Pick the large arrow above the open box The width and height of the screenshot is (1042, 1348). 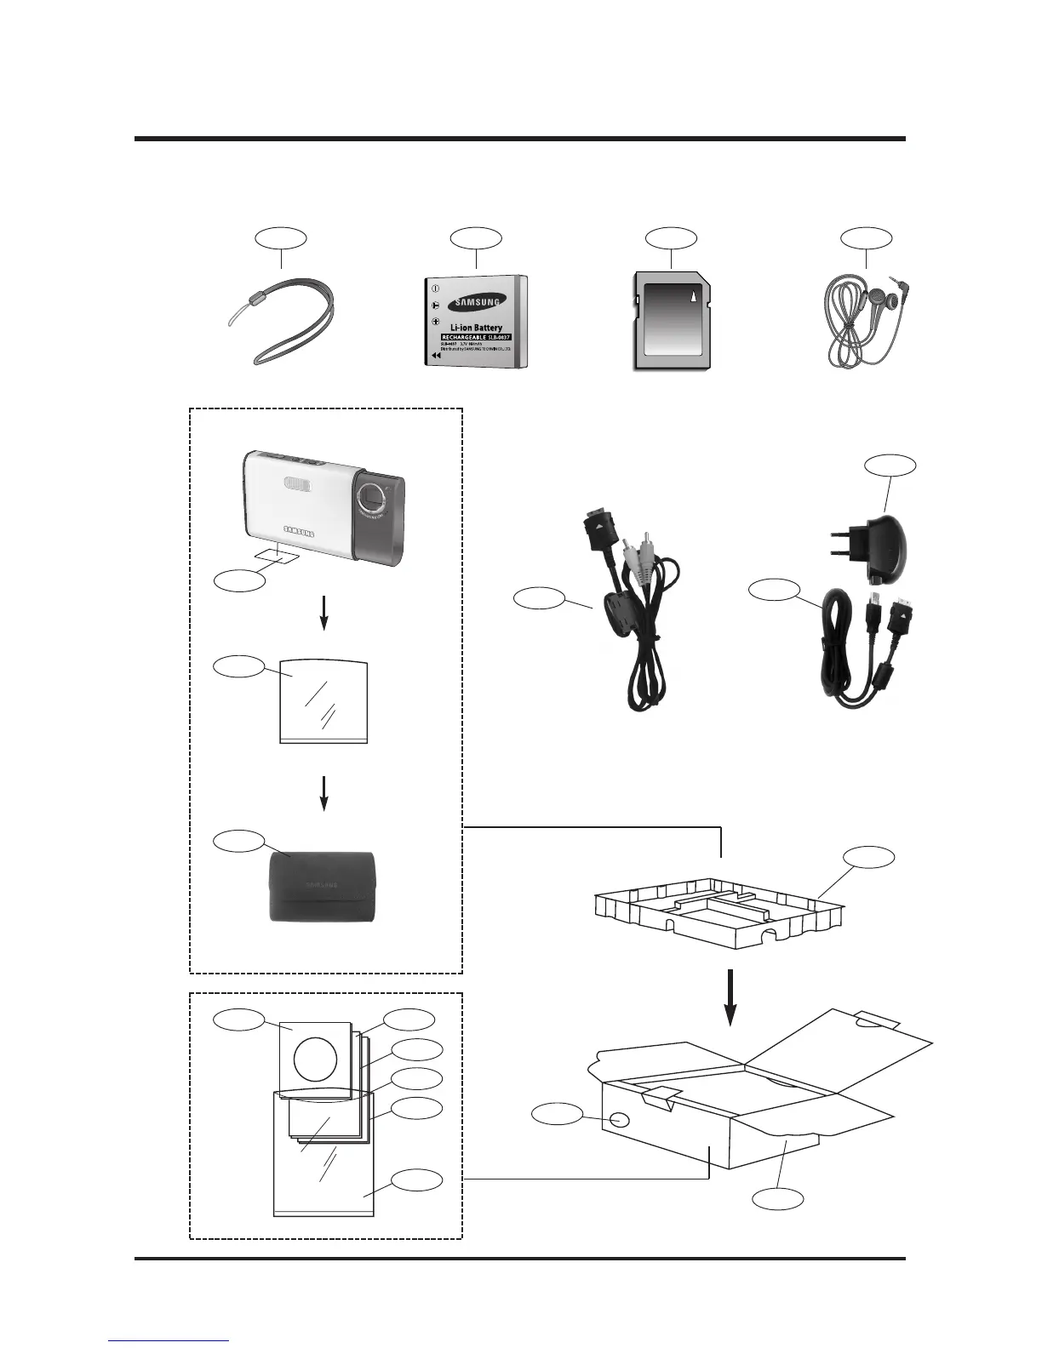730,998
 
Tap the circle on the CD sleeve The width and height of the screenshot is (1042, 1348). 316,1057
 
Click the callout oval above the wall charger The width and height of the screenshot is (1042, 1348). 890,465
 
